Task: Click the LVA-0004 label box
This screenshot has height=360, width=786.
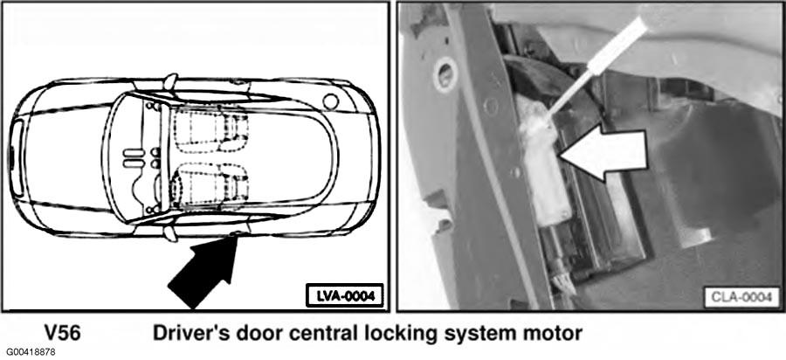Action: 344,296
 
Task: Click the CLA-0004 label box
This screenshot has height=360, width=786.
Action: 741,297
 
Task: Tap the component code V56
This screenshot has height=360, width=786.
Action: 62,334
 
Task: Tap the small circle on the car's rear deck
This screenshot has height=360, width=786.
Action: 330,101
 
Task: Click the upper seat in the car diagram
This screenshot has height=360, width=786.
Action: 210,129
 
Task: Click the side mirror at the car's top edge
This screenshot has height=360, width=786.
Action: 171,82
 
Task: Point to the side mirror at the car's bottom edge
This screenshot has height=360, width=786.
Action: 170,232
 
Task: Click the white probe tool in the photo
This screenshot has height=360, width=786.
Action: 596,67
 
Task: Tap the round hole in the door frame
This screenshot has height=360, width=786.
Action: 445,74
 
